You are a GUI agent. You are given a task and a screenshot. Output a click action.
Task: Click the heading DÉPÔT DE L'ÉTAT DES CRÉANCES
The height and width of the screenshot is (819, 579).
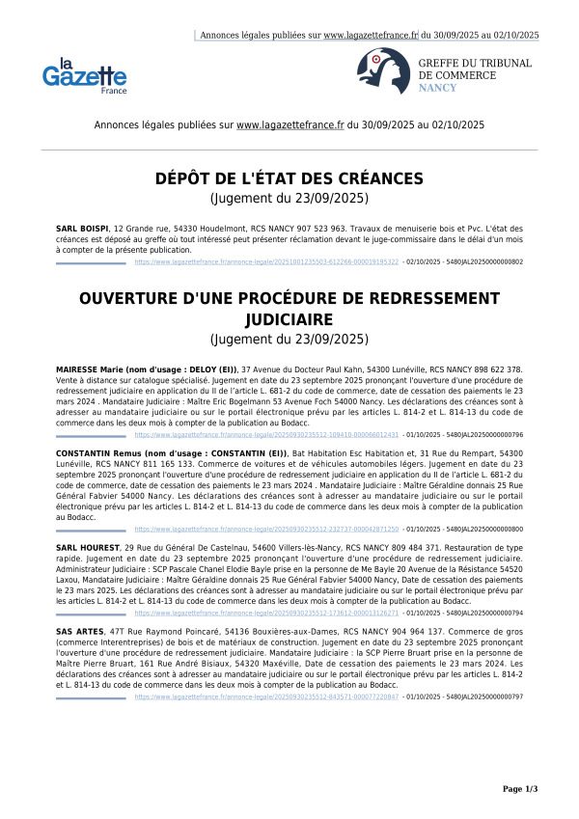point(289,178)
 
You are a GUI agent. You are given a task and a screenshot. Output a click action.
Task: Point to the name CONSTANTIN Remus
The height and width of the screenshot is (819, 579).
point(98,452)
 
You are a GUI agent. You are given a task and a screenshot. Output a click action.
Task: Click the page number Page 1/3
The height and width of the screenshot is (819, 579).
point(520,789)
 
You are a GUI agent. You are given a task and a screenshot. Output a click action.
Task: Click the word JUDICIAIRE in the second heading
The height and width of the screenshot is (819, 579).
point(289,317)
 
